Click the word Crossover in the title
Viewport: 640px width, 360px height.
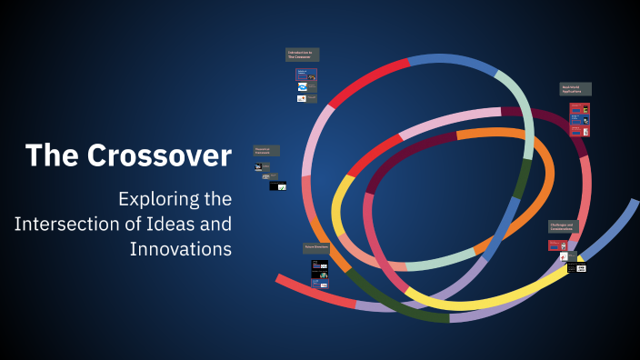159,155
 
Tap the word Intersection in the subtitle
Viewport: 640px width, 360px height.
72,223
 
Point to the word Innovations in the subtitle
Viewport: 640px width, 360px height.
181,248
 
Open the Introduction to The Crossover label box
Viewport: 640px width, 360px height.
302,55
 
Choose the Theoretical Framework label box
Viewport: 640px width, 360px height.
266,150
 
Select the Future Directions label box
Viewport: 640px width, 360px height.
316,247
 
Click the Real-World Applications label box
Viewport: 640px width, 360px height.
575,89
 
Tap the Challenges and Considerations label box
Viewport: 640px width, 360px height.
563,226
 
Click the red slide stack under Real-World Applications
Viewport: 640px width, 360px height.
580,119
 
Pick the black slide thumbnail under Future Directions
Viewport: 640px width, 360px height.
319,269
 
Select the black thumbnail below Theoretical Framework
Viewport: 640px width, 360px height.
277,185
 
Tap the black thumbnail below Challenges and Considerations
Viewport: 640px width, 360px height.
576,268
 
